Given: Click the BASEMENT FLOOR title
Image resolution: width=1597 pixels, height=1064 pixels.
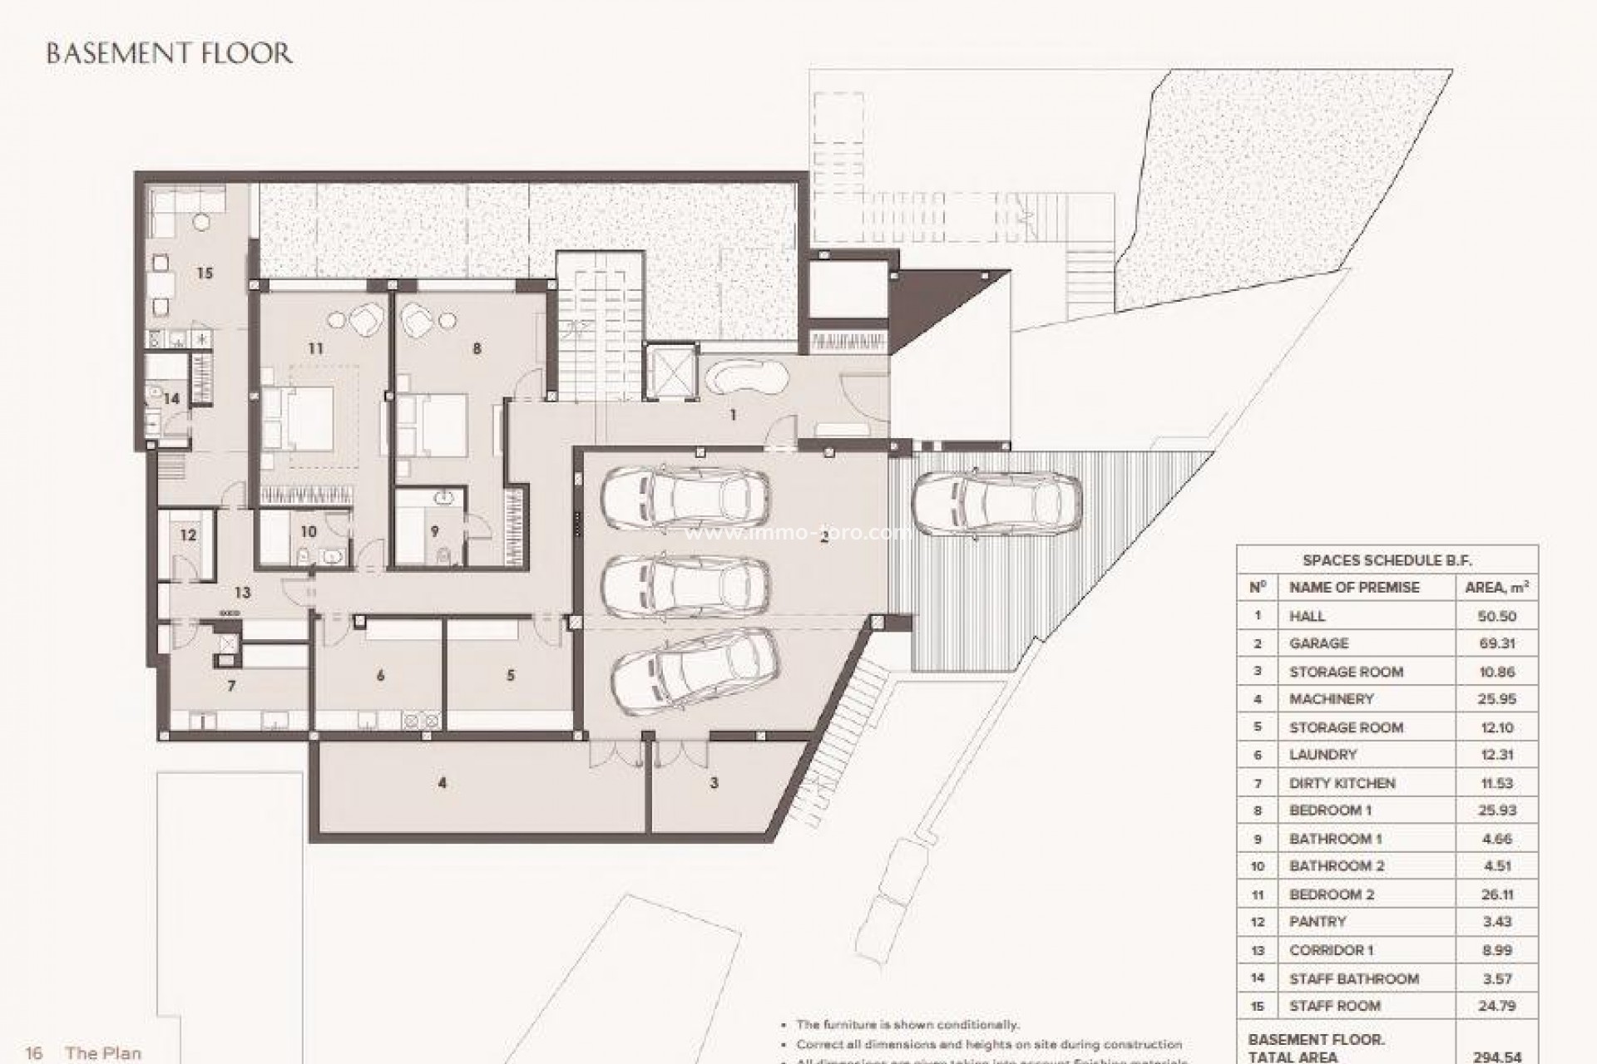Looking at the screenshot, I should coord(169,54).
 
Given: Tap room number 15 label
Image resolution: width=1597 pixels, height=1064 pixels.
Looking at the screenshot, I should coord(205,273).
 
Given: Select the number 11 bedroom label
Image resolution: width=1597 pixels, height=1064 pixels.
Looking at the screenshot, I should coord(315,348).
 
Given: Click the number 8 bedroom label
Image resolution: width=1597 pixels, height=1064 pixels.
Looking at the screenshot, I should coord(477,348).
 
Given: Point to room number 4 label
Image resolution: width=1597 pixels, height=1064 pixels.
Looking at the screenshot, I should coord(443,782).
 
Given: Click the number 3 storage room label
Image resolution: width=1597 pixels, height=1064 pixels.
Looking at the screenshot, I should coord(714,782).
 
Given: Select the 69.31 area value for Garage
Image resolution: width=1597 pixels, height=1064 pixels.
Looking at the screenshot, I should coord(1496,643).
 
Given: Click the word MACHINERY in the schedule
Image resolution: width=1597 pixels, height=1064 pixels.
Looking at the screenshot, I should coord(1331,699).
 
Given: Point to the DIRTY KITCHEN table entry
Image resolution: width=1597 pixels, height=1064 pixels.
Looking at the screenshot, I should coord(1342,783).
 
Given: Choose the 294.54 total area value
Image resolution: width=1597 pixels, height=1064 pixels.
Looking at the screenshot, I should coord(1496,1057).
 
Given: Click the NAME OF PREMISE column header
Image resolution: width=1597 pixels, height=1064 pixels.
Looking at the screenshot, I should coord(1354,587).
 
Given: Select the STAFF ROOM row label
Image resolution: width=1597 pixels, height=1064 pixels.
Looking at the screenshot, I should coord(1334,1006).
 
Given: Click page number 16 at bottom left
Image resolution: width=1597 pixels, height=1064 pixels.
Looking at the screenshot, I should coord(33,1053).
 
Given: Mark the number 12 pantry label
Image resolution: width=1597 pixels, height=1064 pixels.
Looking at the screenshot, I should coord(188,534).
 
